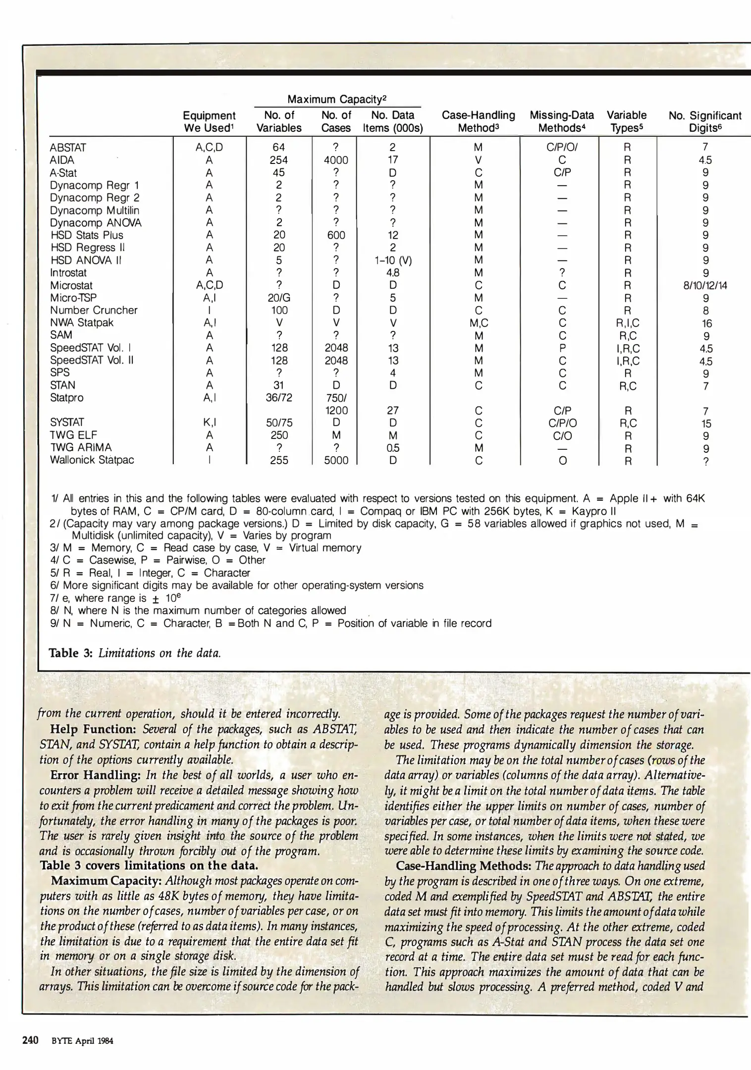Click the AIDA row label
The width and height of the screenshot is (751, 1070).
click(x=62, y=160)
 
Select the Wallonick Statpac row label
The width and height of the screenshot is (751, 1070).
click(x=92, y=460)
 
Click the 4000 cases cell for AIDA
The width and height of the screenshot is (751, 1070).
click(x=336, y=160)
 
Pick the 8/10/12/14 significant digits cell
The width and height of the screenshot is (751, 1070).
click(x=705, y=285)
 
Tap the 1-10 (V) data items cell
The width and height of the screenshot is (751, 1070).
click(x=393, y=260)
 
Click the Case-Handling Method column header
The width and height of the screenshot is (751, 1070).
click(x=478, y=121)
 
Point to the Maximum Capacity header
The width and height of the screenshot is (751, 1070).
click(x=337, y=99)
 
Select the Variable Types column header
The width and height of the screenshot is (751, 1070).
click(x=627, y=121)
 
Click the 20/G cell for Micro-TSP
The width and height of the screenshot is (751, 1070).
click(x=279, y=298)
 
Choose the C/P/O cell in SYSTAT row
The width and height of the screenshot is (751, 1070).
click(x=562, y=423)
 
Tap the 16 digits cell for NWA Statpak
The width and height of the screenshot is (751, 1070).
click(x=706, y=323)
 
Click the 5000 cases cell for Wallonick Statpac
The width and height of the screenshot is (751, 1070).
click(x=336, y=460)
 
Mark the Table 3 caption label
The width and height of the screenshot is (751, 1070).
click(x=71, y=653)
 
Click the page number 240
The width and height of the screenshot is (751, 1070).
click(x=31, y=1040)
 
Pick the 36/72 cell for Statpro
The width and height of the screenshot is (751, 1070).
click(x=279, y=398)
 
